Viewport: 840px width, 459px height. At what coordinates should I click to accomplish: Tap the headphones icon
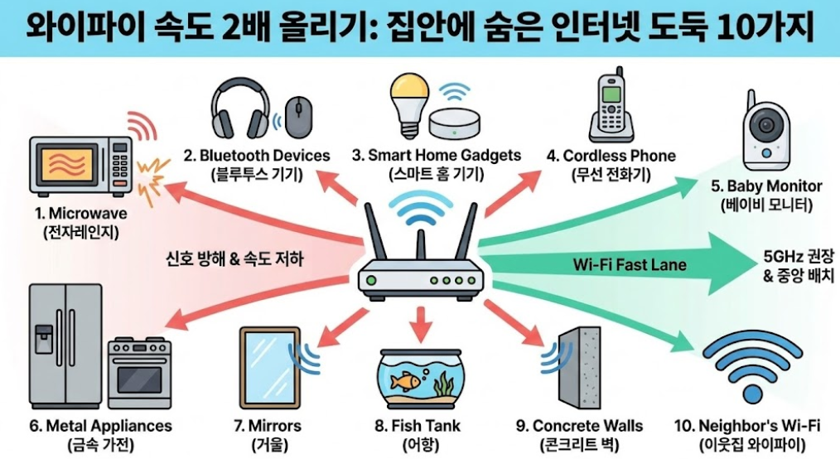240,109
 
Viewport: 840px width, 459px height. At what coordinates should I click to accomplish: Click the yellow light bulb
411,104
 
